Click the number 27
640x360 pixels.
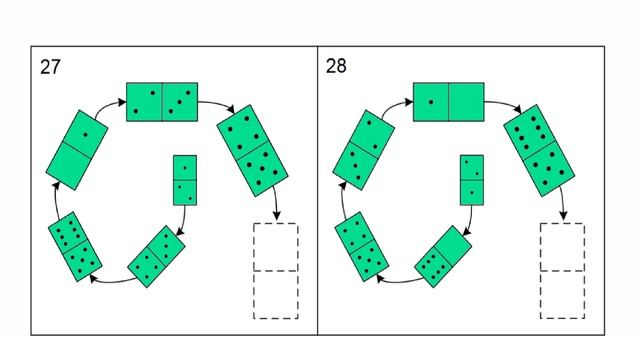click(50, 67)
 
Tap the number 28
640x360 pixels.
click(336, 66)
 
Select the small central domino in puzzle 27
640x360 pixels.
click(185, 180)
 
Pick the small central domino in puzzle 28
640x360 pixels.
click(472, 180)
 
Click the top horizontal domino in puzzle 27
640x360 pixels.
click(162, 102)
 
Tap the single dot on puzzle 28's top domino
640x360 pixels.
click(431, 102)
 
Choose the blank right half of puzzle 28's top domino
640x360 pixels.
click(467, 102)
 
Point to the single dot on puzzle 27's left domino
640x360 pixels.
click(85, 135)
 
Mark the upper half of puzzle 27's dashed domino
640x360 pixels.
click(276, 247)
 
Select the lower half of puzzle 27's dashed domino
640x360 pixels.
click(276, 295)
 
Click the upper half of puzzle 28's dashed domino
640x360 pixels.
click(562, 247)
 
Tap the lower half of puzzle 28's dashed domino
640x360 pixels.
click(562, 295)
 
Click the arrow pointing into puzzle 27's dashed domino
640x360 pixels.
click(276, 203)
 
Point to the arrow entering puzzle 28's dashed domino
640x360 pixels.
click(563, 203)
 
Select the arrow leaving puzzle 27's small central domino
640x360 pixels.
click(182, 221)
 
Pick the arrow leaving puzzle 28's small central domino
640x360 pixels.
click(469, 221)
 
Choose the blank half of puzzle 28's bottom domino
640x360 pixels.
click(453, 245)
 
